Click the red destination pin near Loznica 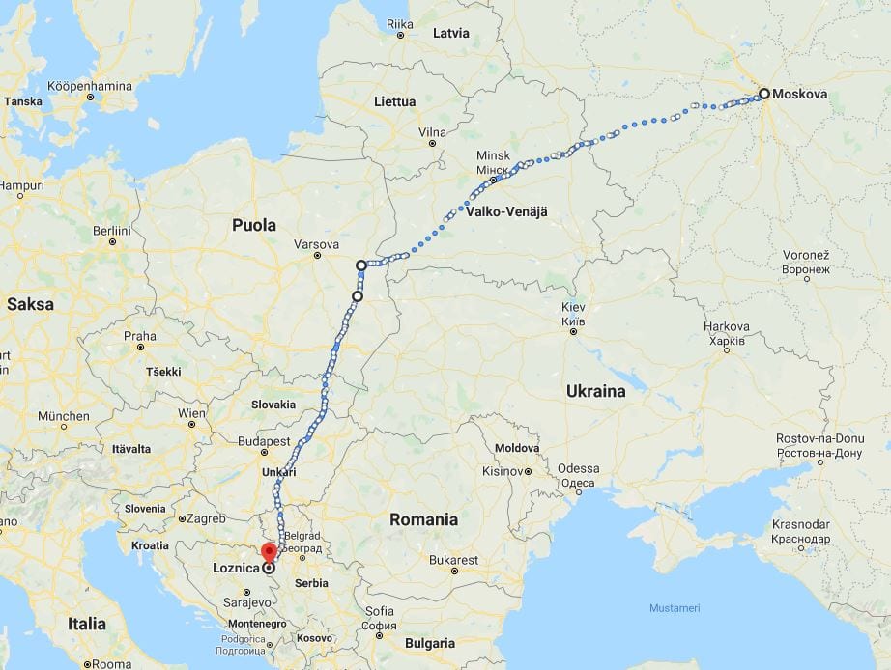(x=269, y=552)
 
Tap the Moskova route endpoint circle (x=764, y=94)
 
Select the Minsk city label (x=493, y=155)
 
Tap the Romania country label (x=423, y=519)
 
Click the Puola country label (x=254, y=225)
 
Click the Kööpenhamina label (x=89, y=86)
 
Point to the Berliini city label (x=112, y=231)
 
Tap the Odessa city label (x=578, y=468)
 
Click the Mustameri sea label (x=674, y=607)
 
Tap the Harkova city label (x=727, y=326)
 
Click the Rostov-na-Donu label (x=819, y=439)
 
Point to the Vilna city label (x=432, y=131)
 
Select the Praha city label (x=139, y=335)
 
